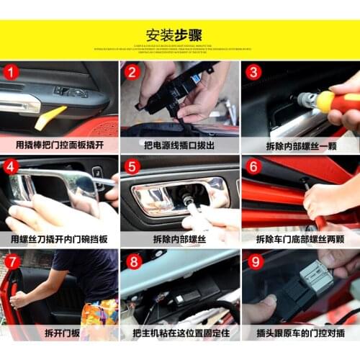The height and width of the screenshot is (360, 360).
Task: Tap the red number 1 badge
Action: [11, 72]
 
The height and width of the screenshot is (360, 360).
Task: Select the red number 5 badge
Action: [131, 166]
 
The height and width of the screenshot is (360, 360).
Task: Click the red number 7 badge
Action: [11, 261]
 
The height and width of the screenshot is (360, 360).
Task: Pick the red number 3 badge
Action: [253, 72]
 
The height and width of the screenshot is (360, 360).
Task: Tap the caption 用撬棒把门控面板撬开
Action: [59, 144]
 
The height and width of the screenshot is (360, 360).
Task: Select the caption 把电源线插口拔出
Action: [179, 144]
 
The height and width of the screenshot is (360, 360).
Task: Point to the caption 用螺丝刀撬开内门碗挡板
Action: [59, 238]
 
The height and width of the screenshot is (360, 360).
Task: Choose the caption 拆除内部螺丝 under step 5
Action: [179, 238]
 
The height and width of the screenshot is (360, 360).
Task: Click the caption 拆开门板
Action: [59, 333]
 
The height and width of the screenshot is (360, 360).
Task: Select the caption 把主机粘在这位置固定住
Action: [179, 333]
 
